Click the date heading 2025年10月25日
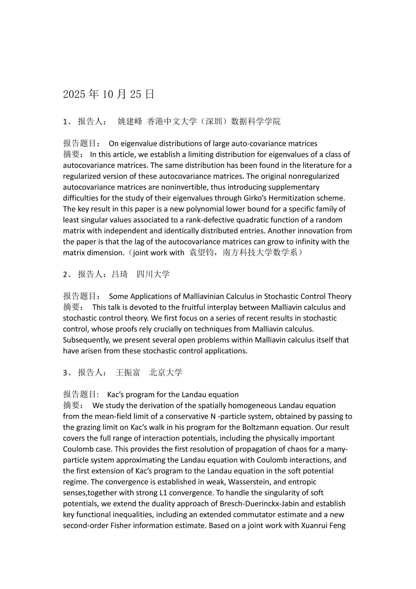point(109,94)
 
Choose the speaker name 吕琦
point(120,274)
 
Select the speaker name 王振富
point(128,373)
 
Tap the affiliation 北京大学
point(166,373)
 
